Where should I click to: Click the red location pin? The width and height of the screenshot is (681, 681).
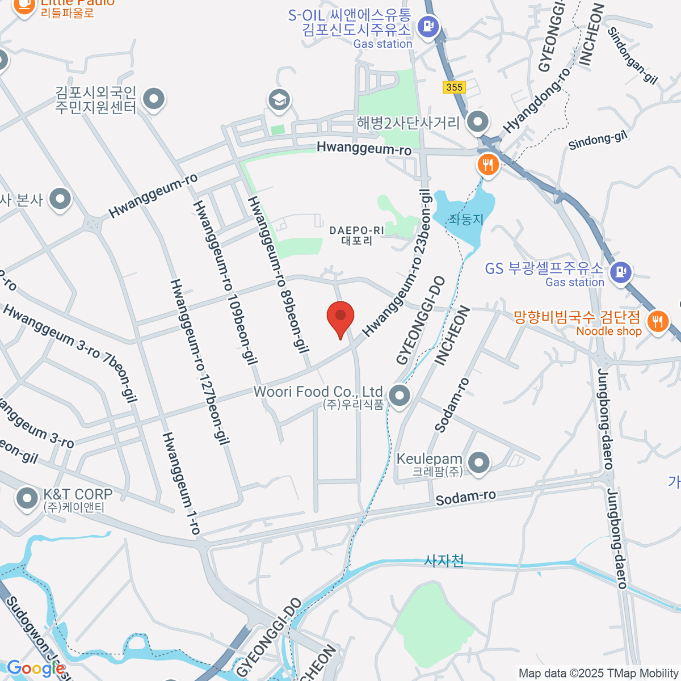(340, 317)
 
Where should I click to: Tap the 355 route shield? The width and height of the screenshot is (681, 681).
(454, 87)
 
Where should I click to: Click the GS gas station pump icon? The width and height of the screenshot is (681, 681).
(621, 272)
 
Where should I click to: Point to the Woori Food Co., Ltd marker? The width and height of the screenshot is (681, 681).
(400, 395)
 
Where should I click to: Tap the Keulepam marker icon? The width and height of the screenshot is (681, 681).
(480, 462)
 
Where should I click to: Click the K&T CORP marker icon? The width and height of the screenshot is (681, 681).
(26, 498)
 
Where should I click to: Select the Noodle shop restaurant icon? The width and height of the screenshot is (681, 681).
(658, 322)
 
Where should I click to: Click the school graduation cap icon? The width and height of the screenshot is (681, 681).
(279, 100)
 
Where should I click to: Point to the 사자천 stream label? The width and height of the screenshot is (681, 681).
(444, 561)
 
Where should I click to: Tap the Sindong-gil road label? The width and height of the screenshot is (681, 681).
(599, 140)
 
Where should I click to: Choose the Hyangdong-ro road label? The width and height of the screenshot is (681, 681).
(536, 100)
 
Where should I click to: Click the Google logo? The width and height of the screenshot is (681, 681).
(35, 668)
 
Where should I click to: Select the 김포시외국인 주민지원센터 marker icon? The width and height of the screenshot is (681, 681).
(153, 99)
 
